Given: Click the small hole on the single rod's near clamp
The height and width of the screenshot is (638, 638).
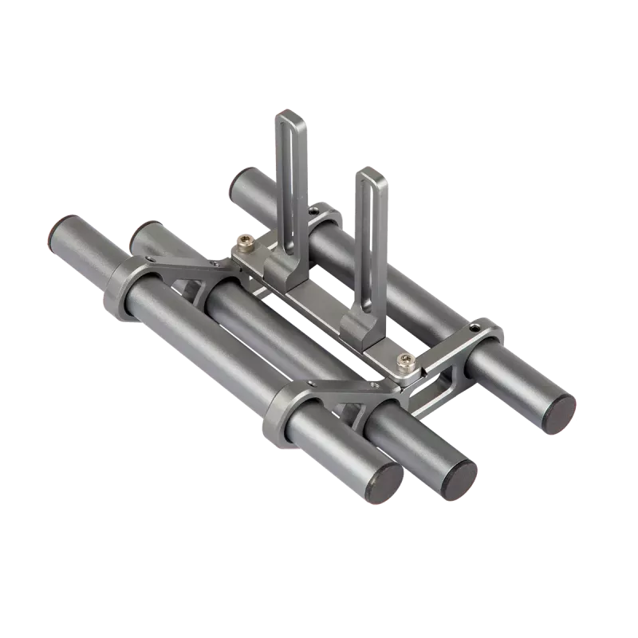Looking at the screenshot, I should click(x=475, y=326).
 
